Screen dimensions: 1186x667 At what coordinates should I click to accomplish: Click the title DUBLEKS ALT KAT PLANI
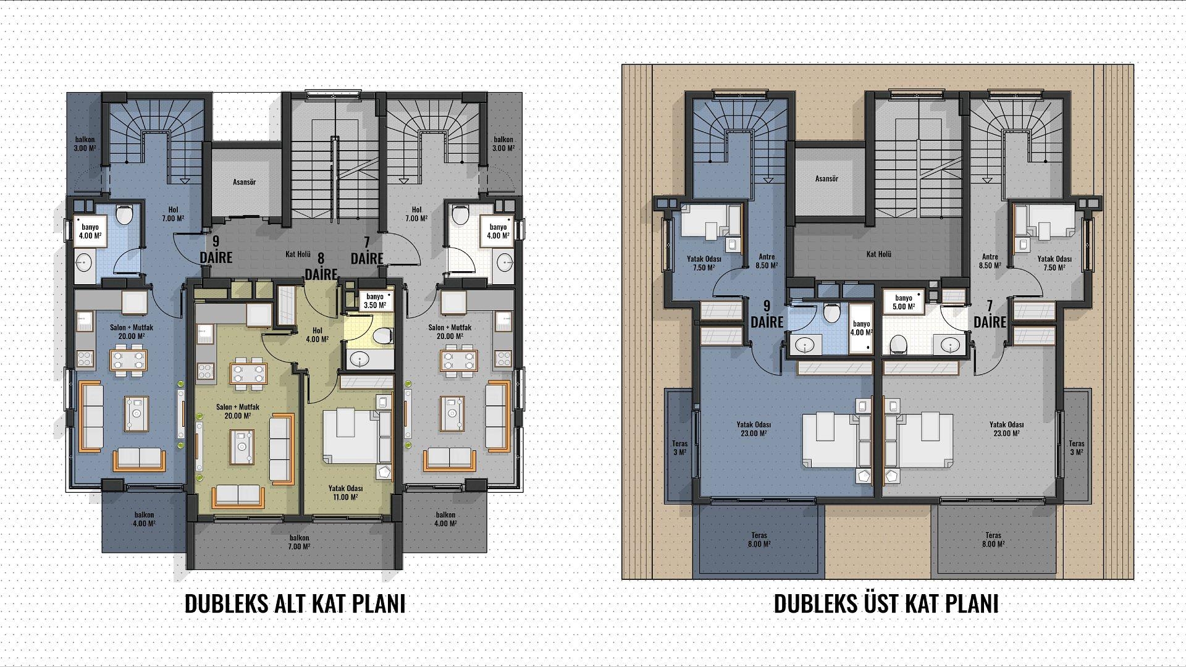click(295, 603)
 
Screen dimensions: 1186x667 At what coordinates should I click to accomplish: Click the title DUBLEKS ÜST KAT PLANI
click(886, 603)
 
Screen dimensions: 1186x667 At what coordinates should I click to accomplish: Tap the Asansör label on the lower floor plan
click(244, 182)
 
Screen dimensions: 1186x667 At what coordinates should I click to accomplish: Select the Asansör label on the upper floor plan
click(826, 178)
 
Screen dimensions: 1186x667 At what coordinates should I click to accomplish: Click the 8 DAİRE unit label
click(321, 266)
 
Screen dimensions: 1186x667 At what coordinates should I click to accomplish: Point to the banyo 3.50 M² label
click(375, 301)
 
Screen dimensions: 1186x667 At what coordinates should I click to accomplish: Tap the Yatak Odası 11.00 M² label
click(345, 492)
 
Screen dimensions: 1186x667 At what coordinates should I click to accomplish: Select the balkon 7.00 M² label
click(298, 542)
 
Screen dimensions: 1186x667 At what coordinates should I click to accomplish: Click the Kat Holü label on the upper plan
click(878, 254)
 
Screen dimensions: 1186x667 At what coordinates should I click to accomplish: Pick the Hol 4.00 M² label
click(318, 335)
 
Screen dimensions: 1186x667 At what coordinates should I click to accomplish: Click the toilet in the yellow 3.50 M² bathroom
click(383, 335)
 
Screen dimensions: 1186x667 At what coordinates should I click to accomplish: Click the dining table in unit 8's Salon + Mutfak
click(249, 374)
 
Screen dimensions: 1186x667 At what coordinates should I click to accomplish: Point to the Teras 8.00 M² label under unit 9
click(759, 540)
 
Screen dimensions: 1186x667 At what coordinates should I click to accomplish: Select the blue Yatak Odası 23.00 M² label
click(754, 429)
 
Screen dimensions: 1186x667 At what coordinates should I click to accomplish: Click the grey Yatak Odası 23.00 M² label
click(1007, 429)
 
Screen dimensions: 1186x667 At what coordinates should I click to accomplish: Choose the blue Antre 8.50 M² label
click(766, 261)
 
